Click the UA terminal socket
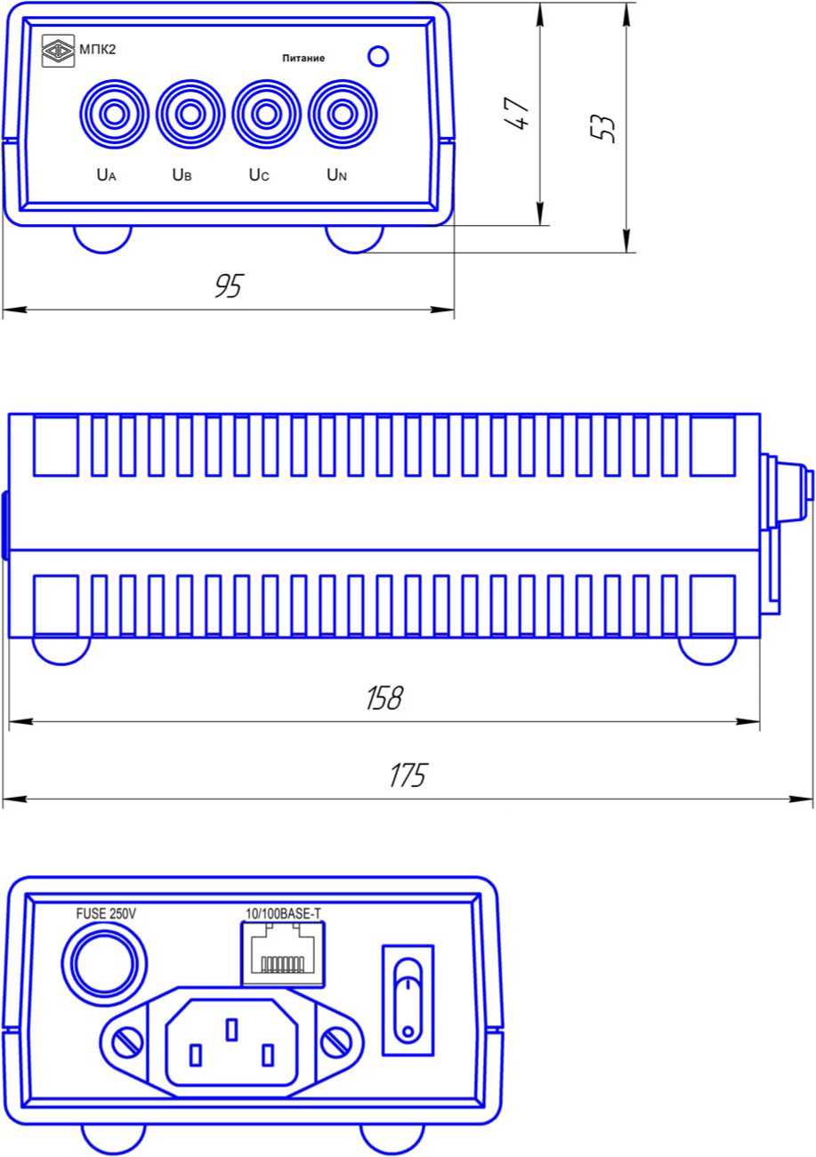click(x=114, y=114)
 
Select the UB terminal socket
click(x=190, y=114)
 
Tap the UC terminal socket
click(x=266, y=114)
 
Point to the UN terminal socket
click(x=342, y=114)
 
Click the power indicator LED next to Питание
click(x=378, y=56)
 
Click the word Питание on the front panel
click(x=303, y=59)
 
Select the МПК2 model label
click(x=98, y=50)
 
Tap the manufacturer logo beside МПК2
click(x=58, y=51)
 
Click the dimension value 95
click(x=229, y=285)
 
